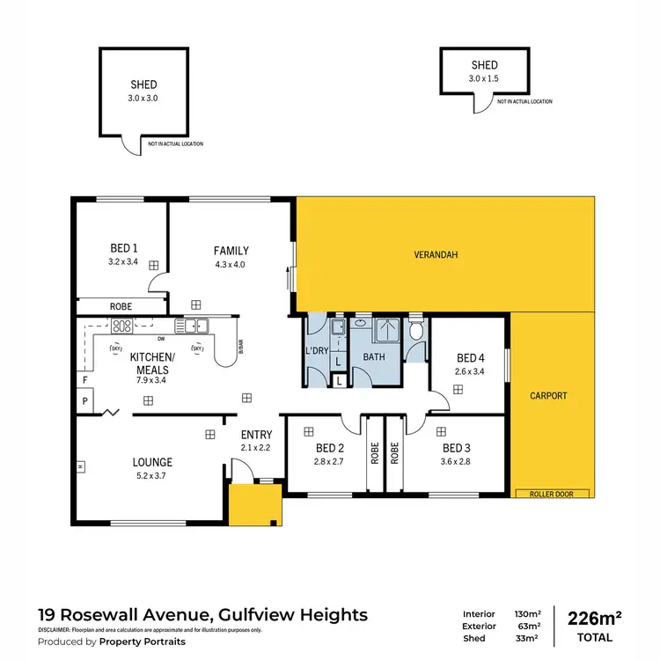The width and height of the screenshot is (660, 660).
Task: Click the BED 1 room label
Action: [123, 247]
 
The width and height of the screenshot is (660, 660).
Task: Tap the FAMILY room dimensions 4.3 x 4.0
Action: [231, 264]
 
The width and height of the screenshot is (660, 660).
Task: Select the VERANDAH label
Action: [436, 255]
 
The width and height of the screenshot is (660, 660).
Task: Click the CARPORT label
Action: [549, 396]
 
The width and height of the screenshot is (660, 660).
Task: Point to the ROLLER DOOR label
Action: [553, 494]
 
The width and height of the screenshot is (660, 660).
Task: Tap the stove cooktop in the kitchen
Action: [121, 326]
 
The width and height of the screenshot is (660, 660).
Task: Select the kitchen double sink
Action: [190, 326]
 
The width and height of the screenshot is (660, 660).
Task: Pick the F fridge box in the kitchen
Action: [85, 380]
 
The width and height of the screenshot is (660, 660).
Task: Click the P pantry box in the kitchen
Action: [85, 400]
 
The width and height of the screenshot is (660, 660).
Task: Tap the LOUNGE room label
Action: [152, 462]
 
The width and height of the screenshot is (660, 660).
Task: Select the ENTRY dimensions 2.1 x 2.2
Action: [256, 448]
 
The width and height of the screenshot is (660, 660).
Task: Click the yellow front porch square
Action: [254, 505]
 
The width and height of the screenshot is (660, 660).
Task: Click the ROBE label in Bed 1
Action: [121, 307]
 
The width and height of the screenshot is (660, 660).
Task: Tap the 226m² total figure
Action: [595, 617]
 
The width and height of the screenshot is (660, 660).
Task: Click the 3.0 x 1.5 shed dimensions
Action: [484, 77]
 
